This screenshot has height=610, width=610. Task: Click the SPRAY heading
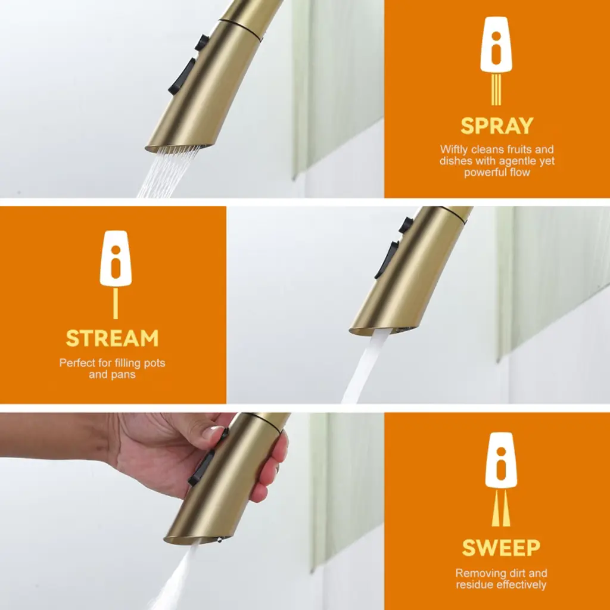coord(497,126)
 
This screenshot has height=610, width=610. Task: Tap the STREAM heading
coord(113,338)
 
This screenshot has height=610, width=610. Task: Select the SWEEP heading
coord(501,548)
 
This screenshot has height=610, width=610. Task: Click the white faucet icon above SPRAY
coord(496,45)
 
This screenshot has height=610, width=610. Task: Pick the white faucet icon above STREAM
coord(116,259)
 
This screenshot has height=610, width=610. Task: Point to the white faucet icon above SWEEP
coord(501,460)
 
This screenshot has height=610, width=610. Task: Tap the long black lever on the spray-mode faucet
coord(182,77)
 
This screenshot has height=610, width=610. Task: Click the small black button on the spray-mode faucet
coord(202,42)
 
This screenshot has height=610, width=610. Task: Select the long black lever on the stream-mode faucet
coord(387,260)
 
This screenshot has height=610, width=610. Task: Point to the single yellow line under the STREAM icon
coord(116,303)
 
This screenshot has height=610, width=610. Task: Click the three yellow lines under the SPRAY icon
coord(496,90)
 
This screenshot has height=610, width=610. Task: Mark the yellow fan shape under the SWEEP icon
coord(501,509)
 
